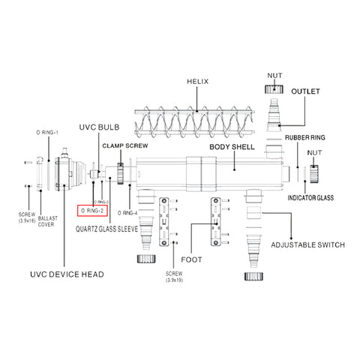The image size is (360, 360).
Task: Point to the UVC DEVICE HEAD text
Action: coord(66,274)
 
